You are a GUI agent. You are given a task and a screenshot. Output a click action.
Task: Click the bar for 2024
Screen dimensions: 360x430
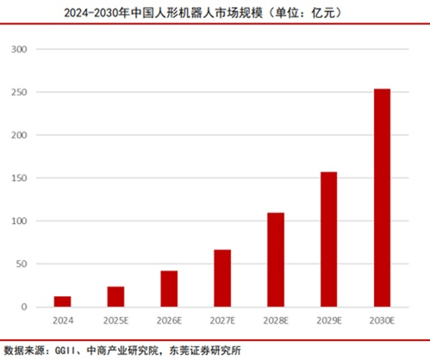coord(62,301)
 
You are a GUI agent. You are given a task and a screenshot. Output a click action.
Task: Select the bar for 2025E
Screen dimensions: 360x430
coord(115,296)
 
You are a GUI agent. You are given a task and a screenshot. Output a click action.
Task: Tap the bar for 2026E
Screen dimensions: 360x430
coord(169,289)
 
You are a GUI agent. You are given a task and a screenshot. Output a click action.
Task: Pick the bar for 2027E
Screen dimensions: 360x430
coord(222,278)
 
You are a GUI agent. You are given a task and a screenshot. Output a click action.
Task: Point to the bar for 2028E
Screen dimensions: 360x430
coord(276,259)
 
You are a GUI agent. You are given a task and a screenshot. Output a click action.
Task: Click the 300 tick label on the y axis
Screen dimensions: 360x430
coord(20,49)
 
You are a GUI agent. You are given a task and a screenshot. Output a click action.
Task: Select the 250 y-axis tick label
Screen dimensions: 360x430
coord(20,92)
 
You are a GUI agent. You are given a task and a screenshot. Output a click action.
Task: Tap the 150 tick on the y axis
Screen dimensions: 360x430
coord(20,178)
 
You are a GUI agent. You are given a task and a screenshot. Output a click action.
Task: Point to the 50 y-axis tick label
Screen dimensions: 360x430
coord(22,264)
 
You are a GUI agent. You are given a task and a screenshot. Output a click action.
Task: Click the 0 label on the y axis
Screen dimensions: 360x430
coord(25,307)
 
